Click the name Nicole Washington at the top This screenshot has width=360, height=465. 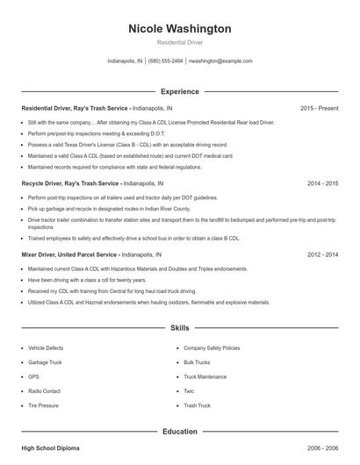click(180, 29)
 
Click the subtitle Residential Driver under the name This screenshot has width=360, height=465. click(180, 42)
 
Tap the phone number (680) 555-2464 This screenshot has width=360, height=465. click(166, 61)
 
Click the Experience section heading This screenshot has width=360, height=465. click(180, 91)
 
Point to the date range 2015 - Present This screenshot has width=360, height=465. click(319, 108)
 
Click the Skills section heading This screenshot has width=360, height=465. click(180, 327)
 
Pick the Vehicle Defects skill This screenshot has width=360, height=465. click(47, 347)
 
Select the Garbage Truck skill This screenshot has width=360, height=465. click(46, 361)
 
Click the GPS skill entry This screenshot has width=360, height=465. click(33, 376)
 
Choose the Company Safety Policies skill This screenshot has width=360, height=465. click(211, 347)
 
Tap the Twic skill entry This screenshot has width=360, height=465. click(189, 390)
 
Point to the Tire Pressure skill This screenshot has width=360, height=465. click(43, 405)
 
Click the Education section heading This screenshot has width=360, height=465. click(180, 432)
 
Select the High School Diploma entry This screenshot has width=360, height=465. click(50, 448)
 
